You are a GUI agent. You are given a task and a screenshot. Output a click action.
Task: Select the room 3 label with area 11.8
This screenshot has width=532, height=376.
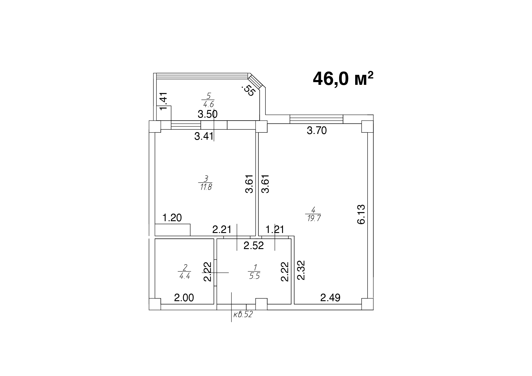[205, 182]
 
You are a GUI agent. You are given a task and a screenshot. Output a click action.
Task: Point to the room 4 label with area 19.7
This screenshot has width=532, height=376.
[313, 214]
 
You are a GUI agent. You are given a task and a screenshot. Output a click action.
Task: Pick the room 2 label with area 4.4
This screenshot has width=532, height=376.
[184, 271]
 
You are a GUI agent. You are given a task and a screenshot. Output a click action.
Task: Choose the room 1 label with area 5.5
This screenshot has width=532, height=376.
[254, 271]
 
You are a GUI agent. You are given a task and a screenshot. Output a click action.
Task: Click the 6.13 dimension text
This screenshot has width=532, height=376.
[361, 214]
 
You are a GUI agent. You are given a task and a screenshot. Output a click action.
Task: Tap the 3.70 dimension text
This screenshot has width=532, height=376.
[317, 131]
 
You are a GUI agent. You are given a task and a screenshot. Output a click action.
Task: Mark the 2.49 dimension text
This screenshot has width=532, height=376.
[330, 298]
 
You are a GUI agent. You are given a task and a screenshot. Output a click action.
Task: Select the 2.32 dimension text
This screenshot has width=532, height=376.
[301, 270]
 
